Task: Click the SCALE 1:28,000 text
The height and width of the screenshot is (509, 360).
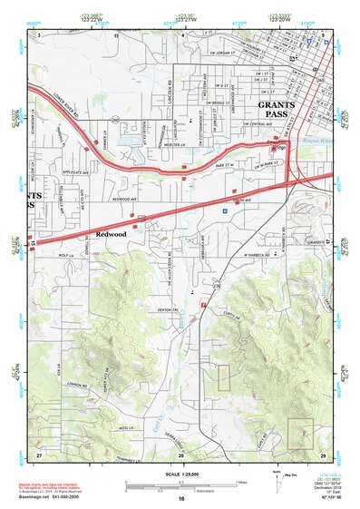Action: tap(181, 475)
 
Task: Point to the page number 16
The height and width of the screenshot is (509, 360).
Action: tap(181, 498)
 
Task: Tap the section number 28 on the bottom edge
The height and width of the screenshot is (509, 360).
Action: tap(180, 455)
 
